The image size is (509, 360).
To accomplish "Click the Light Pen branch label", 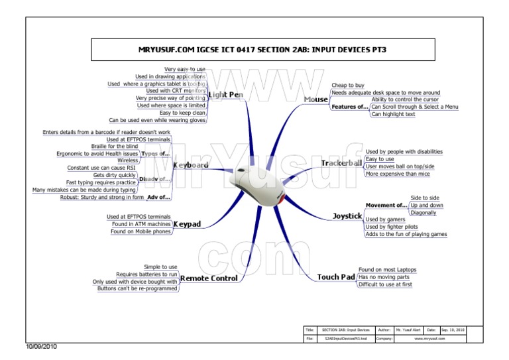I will [225, 95].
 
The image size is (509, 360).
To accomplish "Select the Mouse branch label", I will [315, 99].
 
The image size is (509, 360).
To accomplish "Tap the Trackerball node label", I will [341, 163].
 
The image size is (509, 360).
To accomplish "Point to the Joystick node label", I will [347, 216].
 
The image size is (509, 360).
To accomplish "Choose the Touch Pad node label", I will [336, 277].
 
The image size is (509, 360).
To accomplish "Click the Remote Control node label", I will [209, 278].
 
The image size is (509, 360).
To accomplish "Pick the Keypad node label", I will [187, 224].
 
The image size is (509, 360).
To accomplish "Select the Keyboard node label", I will [191, 164].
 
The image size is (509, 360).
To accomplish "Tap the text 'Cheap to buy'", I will [348, 86].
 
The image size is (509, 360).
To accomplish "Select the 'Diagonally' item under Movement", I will [424, 213].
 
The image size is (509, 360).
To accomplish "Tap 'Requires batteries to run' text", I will [147, 274].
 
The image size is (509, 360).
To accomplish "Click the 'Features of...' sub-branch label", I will [351, 107].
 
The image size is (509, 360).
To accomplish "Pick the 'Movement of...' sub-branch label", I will [386, 206].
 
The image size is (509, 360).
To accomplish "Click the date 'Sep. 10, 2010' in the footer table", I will [453, 330].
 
